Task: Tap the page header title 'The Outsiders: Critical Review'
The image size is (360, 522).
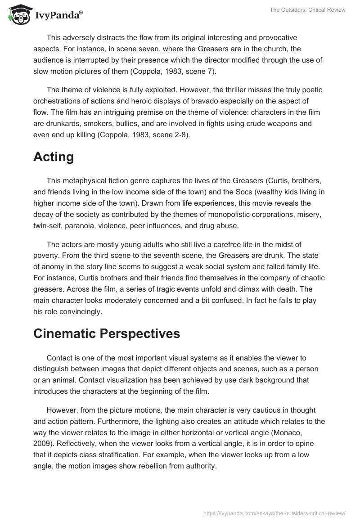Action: coord(308,10)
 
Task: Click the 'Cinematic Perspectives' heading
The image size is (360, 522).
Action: coord(106,333)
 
